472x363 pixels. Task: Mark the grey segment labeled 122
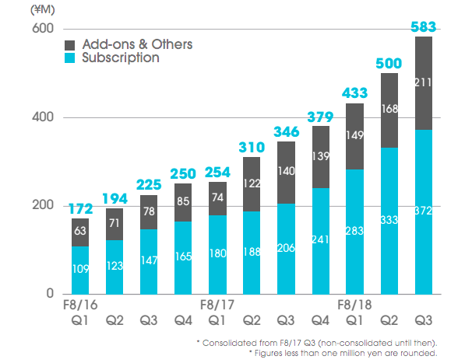pyautogui.click(x=252, y=184)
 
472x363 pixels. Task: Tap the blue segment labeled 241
pyautogui.click(x=321, y=241)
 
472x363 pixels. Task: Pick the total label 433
pyautogui.click(x=355, y=95)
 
